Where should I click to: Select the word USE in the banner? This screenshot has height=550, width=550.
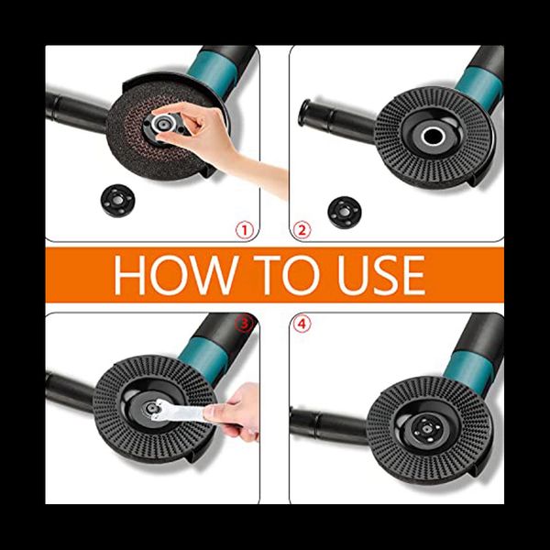tap(381, 275)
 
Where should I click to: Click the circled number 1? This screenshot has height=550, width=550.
tap(244, 230)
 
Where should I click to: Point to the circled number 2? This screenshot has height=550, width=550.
tap(302, 230)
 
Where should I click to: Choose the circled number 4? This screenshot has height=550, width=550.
tap(302, 324)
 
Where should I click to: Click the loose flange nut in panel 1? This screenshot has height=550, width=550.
tap(118, 201)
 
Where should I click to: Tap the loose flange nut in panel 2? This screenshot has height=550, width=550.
tap(345, 213)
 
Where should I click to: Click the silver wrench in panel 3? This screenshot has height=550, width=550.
tap(179, 411)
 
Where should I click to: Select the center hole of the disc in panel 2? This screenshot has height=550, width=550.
tap(434, 136)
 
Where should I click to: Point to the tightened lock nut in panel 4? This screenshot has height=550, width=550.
tap(425, 429)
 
